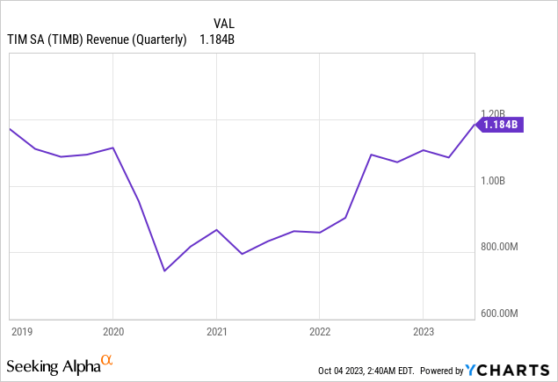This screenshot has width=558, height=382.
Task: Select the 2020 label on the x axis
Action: tap(112, 331)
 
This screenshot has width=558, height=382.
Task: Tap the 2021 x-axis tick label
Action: tap(216, 331)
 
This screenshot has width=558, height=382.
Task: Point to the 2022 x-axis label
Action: tap(320, 331)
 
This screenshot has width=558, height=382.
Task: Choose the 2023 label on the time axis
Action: tap(424, 331)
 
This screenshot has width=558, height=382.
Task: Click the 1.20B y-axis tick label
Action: tap(494, 113)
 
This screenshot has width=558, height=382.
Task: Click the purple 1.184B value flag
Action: tap(502, 125)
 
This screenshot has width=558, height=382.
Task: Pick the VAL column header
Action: tap(225, 23)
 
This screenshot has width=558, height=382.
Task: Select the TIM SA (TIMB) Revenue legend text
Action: tap(97, 39)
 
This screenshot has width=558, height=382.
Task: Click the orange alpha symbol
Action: tap(107, 359)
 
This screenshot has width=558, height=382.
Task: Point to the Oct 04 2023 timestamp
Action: tap(370, 370)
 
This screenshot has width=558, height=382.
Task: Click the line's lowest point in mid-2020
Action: tap(164, 270)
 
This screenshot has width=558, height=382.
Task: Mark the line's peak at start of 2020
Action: tap(112, 148)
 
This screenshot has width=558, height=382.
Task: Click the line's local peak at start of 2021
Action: tap(216, 229)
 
